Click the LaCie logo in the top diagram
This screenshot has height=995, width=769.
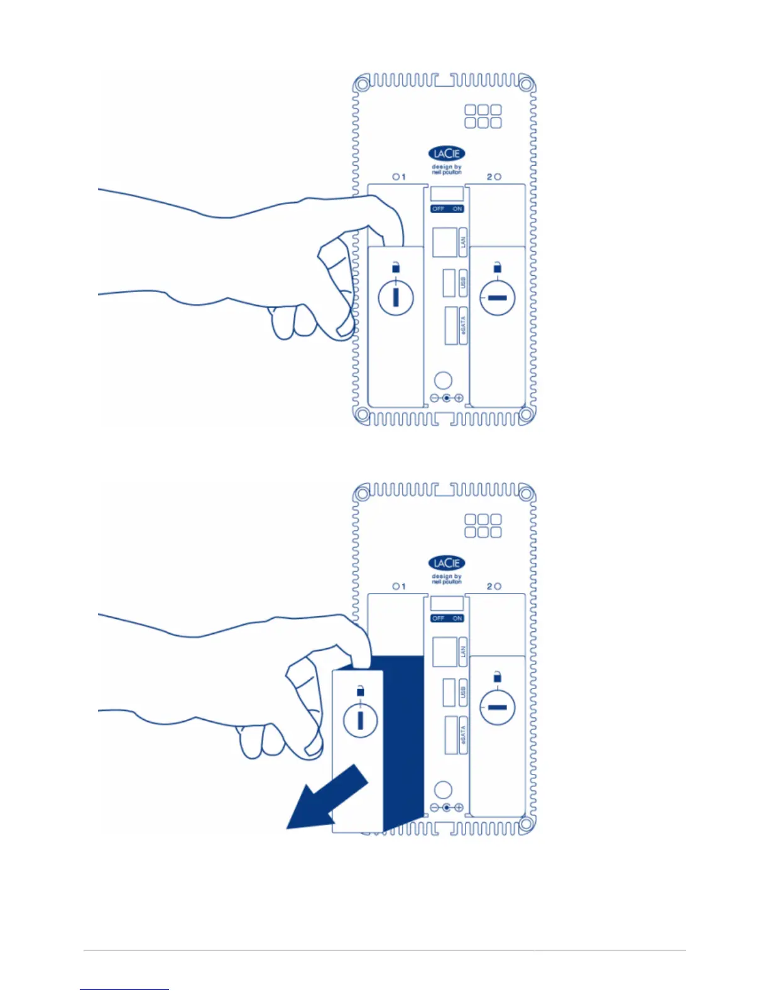coord(446,154)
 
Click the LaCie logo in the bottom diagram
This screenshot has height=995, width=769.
coord(446,563)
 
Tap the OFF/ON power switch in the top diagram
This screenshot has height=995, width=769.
coord(447,209)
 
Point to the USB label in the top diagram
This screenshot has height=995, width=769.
coord(463,283)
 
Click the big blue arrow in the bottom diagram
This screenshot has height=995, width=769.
coord(327,797)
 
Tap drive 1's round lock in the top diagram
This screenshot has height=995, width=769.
coord(396,296)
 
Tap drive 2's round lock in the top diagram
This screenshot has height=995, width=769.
coord(497,297)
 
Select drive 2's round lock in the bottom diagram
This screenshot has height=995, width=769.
coord(497,707)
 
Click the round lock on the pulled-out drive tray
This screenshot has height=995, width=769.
coord(360,719)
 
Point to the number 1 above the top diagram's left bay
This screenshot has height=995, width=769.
coord(403,177)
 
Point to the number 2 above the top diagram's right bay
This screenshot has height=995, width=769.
coord(489,177)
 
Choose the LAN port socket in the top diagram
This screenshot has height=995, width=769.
coord(445,242)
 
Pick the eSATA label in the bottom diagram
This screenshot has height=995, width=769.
coord(463,736)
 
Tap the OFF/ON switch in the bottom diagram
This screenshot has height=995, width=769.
coord(447,618)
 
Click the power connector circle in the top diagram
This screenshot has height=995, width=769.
coord(443,380)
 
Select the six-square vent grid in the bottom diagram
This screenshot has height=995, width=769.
coord(483,526)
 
